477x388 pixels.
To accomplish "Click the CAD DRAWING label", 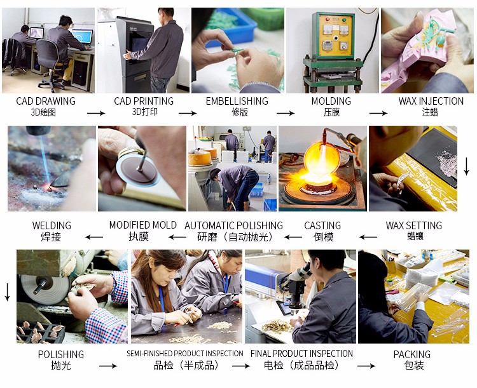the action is pyautogui.click(x=46, y=101).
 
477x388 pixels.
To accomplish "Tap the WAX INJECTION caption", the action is pyautogui.click(x=431, y=101).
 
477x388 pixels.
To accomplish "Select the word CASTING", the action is pyautogui.click(x=322, y=225).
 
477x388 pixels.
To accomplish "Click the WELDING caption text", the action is pyautogui.click(x=52, y=225).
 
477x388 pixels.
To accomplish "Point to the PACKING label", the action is pyautogui.click(x=412, y=354).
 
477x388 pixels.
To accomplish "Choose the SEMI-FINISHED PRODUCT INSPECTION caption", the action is pyautogui.click(x=185, y=353).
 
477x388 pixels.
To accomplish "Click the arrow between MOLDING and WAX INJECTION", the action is pyautogui.click(x=378, y=113).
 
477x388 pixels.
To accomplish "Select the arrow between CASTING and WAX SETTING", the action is pyautogui.click(x=368, y=237).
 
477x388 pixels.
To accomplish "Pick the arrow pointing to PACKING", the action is pyautogui.click(x=366, y=366).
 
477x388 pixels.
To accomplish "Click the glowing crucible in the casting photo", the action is pyautogui.click(x=322, y=161).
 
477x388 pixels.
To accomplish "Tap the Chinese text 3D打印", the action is pyautogui.click(x=144, y=112).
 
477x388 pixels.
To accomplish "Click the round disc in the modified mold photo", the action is pyautogui.click(x=139, y=169).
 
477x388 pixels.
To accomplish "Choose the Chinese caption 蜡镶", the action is pyautogui.click(x=415, y=236).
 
